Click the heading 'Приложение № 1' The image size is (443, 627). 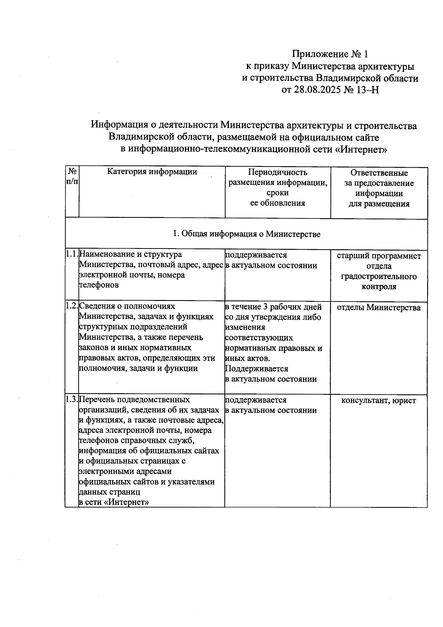(x=330, y=54)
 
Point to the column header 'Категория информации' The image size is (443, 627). (x=152, y=172)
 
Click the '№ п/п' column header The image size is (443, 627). (x=72, y=176)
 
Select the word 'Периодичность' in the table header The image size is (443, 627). (x=278, y=172)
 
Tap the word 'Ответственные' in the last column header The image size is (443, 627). (x=379, y=173)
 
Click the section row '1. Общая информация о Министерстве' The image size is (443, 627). (x=246, y=234)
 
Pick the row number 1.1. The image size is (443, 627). (x=72, y=254)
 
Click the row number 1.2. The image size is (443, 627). (x=72, y=306)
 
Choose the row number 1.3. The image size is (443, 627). (x=72, y=400)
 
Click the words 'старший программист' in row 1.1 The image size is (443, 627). (x=379, y=256)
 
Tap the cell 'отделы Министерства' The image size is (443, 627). (x=379, y=308)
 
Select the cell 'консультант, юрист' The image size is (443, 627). (x=378, y=401)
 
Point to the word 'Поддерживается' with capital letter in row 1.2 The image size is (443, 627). (x=256, y=369)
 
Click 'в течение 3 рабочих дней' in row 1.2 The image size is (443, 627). (x=273, y=307)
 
